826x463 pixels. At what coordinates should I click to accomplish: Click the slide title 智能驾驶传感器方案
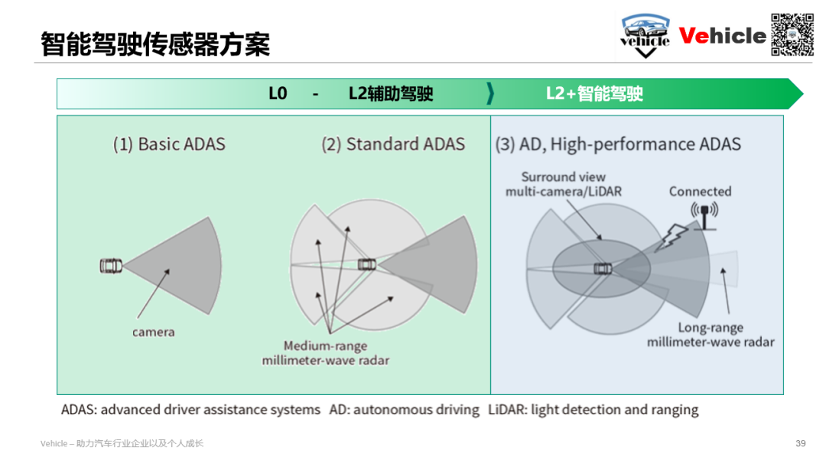(155, 44)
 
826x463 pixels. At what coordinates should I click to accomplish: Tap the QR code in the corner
(792, 34)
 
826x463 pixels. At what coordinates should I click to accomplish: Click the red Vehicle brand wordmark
(722, 36)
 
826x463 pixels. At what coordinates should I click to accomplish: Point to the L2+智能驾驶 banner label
(594, 94)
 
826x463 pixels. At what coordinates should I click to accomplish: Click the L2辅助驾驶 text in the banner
(391, 94)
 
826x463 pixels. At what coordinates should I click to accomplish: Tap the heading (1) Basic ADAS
(169, 144)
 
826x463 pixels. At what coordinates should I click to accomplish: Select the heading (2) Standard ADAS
(393, 144)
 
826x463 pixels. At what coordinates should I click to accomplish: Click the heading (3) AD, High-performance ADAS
(618, 144)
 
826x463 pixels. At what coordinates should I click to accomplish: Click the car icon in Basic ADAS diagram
(111, 266)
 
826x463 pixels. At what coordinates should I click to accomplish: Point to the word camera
(153, 332)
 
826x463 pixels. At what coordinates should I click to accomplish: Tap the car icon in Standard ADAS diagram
(367, 264)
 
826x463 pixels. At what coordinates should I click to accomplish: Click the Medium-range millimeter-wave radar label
(326, 353)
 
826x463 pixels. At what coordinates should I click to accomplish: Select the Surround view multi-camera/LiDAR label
(563, 184)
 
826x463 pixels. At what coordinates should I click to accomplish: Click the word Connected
(700, 192)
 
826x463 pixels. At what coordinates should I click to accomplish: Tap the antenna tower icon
(704, 215)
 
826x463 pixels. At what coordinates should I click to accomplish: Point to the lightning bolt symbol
(672, 238)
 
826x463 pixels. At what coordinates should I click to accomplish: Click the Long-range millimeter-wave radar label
(711, 335)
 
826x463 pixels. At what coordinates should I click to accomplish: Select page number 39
(800, 444)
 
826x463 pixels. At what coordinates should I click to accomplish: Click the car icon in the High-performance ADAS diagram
(603, 269)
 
